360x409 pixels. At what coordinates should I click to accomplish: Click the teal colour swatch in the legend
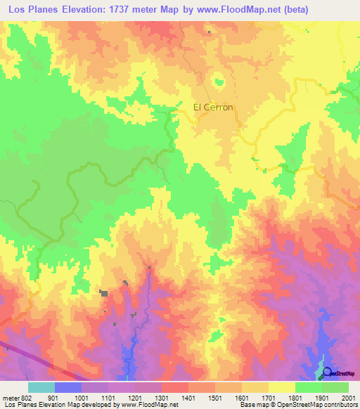pos(41,387)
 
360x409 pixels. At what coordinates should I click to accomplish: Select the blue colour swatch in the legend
pos(67,387)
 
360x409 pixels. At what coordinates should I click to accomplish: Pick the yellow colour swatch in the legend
pos(281,387)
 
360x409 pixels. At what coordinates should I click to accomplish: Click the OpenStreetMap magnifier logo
pos(327,372)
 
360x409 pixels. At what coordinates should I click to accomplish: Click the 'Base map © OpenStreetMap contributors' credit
pos(298,405)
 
